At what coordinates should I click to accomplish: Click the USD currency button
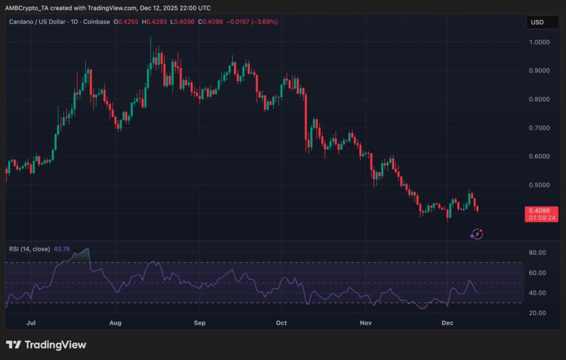[537, 22]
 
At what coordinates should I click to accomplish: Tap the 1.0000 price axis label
[539, 42]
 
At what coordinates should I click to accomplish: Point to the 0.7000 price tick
[539, 128]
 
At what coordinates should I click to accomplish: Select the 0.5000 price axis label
[539, 185]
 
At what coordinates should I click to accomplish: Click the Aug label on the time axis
[116, 322]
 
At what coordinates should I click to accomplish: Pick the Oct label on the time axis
[282, 322]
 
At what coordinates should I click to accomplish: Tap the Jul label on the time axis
[31, 322]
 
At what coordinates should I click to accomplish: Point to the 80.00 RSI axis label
[537, 253]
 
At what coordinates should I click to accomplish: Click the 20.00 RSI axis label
[537, 313]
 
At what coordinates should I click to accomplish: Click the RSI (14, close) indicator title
[29, 249]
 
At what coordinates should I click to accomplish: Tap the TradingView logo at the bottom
[46, 345]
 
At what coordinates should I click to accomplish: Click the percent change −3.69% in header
[265, 22]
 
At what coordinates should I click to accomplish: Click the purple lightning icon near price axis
[476, 234]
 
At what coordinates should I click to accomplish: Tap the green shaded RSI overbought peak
[82, 255]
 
